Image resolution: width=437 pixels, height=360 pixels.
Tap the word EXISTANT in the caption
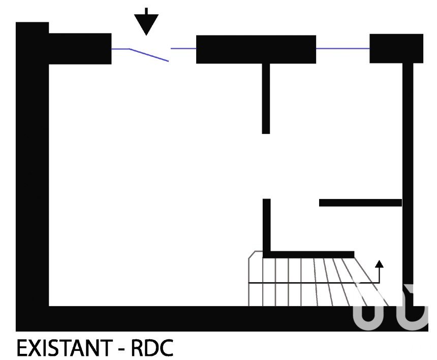click(x=64, y=348)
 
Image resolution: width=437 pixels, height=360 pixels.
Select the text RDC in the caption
click(x=152, y=348)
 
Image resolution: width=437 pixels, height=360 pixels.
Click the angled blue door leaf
click(x=149, y=55)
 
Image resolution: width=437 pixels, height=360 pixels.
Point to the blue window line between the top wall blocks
click(x=343, y=48)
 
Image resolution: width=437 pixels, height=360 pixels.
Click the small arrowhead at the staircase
click(x=379, y=264)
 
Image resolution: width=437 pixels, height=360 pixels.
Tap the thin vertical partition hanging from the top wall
click(x=266, y=99)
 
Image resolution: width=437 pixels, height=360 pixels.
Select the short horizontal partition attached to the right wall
click(x=361, y=203)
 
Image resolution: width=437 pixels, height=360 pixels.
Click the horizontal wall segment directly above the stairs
click(x=308, y=254)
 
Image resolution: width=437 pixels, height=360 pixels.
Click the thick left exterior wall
click(x=33, y=177)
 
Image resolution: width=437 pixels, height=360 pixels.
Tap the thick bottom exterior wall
click(x=222, y=319)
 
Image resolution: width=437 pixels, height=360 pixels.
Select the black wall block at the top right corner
click(x=396, y=48)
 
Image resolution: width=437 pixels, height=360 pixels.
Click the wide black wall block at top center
click(x=256, y=49)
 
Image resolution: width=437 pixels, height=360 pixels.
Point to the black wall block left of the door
click(x=80, y=49)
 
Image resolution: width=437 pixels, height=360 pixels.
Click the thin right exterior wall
click(x=408, y=184)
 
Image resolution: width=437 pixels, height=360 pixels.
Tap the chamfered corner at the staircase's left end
click(x=252, y=255)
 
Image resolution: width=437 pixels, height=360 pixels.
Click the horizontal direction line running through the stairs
click(x=314, y=283)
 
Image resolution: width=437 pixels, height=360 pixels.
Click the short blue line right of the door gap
click(x=183, y=48)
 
